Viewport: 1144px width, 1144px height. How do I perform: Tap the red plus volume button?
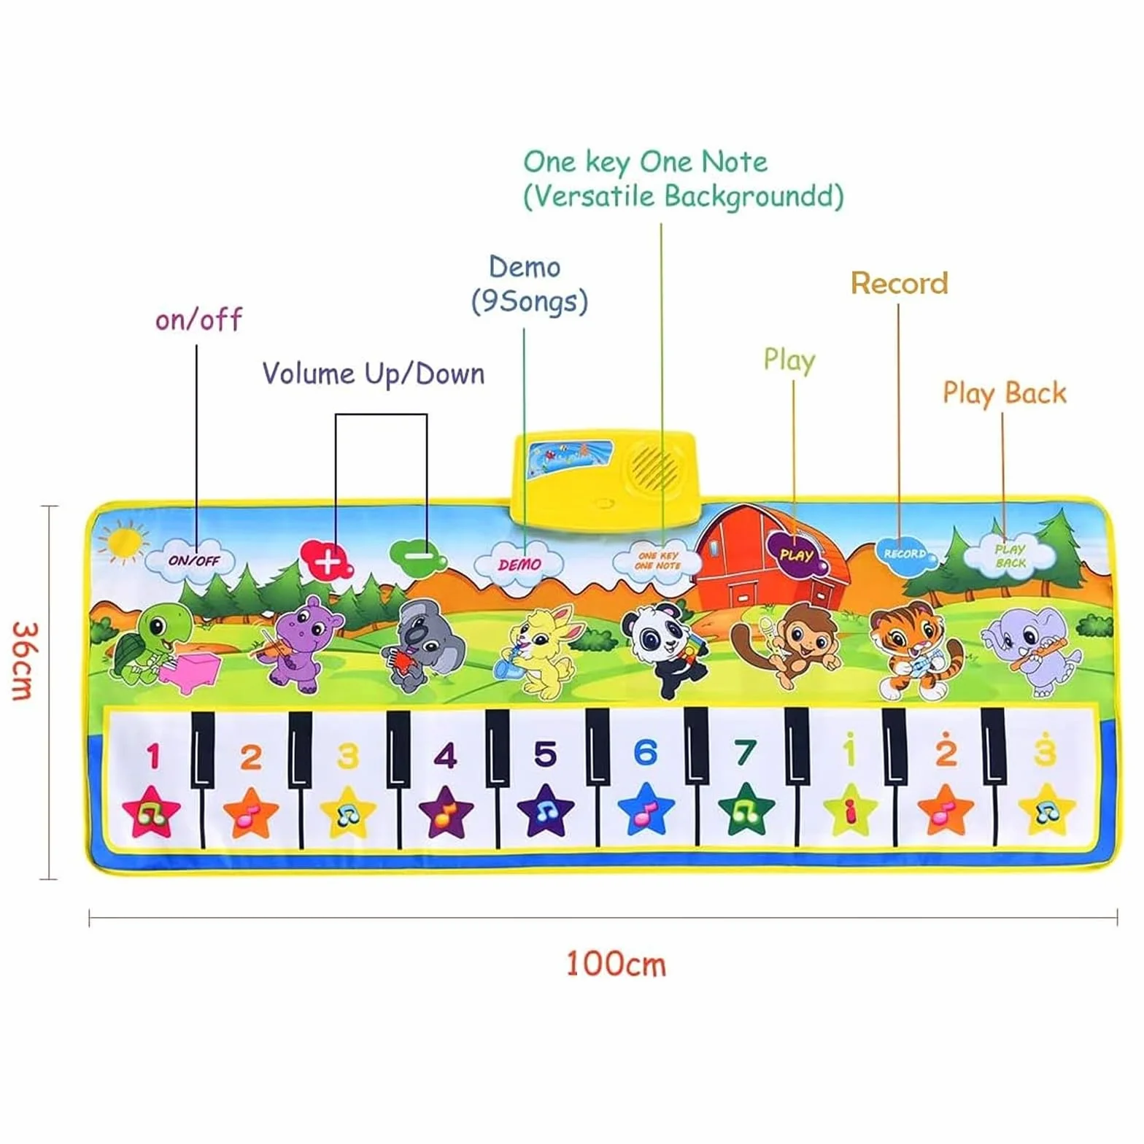click(326, 560)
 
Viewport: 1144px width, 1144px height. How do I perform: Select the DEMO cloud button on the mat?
click(519, 563)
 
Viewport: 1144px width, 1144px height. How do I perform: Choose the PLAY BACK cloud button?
click(1010, 555)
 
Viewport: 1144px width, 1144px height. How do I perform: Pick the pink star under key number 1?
click(151, 812)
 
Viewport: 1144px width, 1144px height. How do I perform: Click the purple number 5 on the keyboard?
click(545, 754)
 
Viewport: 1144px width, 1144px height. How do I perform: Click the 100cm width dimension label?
click(616, 964)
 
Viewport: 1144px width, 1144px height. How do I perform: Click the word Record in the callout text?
click(900, 283)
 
